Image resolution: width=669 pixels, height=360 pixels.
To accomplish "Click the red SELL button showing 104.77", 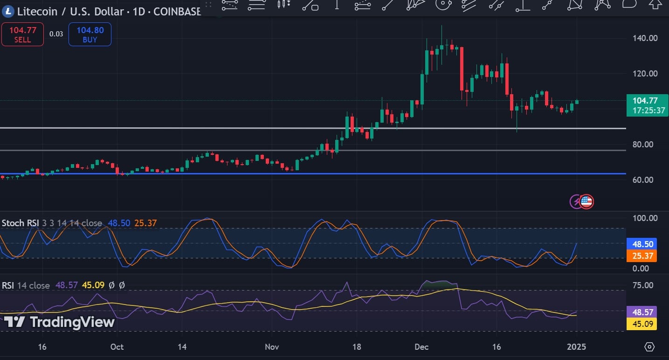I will click(x=22, y=35).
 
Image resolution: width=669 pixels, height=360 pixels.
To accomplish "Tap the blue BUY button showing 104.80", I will click(x=90, y=35).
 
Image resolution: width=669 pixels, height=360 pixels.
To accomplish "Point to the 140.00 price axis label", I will click(x=646, y=38).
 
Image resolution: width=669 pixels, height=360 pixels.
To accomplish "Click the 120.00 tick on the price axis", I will click(x=646, y=73).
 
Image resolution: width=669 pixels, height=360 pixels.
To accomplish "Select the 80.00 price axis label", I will click(x=642, y=144).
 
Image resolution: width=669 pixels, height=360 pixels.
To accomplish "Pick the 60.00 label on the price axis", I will click(x=642, y=180).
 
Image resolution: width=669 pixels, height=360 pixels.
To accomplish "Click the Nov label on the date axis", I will click(x=271, y=347).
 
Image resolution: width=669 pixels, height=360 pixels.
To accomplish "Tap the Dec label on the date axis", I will click(x=421, y=347).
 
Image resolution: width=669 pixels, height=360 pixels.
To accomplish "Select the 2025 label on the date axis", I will click(x=577, y=347).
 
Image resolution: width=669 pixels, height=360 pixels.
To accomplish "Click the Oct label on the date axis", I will click(x=117, y=347).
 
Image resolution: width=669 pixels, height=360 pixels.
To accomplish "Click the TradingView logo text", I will click(x=59, y=322).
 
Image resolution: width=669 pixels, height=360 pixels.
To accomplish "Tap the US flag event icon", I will click(x=586, y=201).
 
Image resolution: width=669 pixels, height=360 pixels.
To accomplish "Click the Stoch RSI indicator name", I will click(x=20, y=223).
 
